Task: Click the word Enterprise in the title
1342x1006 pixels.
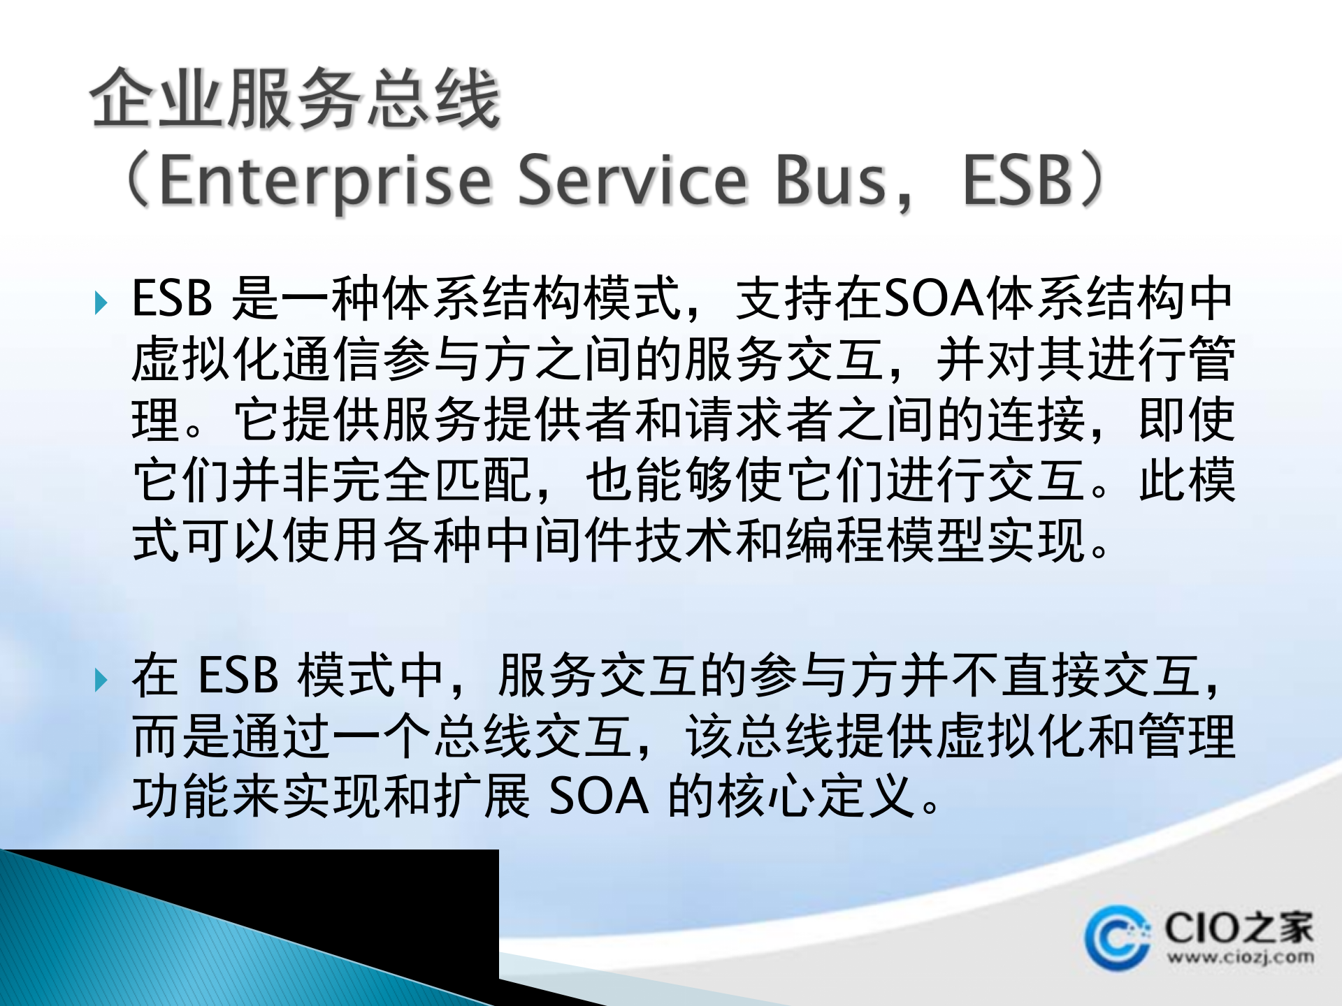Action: click(x=326, y=180)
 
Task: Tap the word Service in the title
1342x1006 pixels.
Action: click(x=633, y=180)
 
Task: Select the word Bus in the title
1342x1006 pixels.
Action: click(x=831, y=180)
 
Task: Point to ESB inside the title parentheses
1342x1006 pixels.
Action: click(x=1018, y=180)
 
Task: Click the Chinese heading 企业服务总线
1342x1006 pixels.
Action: click(x=295, y=99)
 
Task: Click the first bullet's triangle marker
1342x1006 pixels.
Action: click(x=101, y=302)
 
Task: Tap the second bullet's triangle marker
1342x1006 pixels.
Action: click(x=101, y=679)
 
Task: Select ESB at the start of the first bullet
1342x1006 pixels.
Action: click(x=172, y=299)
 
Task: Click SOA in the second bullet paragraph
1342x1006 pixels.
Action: click(x=599, y=796)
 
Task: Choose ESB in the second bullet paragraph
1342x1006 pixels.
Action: click(x=238, y=676)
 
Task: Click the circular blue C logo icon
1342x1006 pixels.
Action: click(x=1116, y=938)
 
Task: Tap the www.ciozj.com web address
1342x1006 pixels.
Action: click(x=1240, y=957)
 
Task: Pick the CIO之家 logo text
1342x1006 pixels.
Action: click(x=1239, y=928)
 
